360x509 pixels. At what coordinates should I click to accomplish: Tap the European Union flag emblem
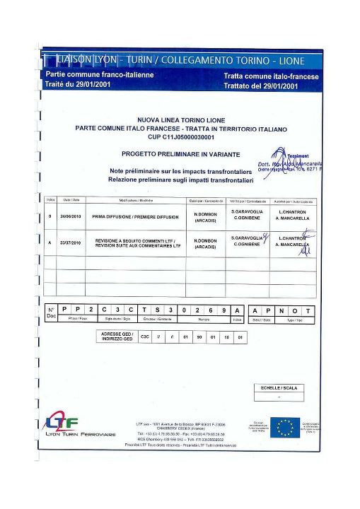(x=285, y=427)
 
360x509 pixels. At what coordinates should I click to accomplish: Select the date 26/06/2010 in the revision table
(x=67, y=216)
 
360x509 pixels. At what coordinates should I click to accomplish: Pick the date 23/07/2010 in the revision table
(x=67, y=242)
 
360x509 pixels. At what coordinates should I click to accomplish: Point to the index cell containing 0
(x=50, y=216)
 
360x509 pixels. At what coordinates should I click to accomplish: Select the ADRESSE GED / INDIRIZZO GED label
(x=117, y=337)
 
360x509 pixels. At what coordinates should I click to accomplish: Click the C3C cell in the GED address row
(x=146, y=337)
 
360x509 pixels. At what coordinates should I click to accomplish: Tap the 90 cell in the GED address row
(x=199, y=337)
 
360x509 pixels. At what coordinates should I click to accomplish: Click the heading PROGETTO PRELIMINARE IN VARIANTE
(x=180, y=153)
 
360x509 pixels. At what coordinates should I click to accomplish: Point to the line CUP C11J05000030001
(x=180, y=136)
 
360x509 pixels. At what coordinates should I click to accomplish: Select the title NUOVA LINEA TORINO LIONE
(x=180, y=121)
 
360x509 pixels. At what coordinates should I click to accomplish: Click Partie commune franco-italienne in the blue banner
(x=99, y=74)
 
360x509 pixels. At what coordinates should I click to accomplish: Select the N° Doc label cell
(x=51, y=313)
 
